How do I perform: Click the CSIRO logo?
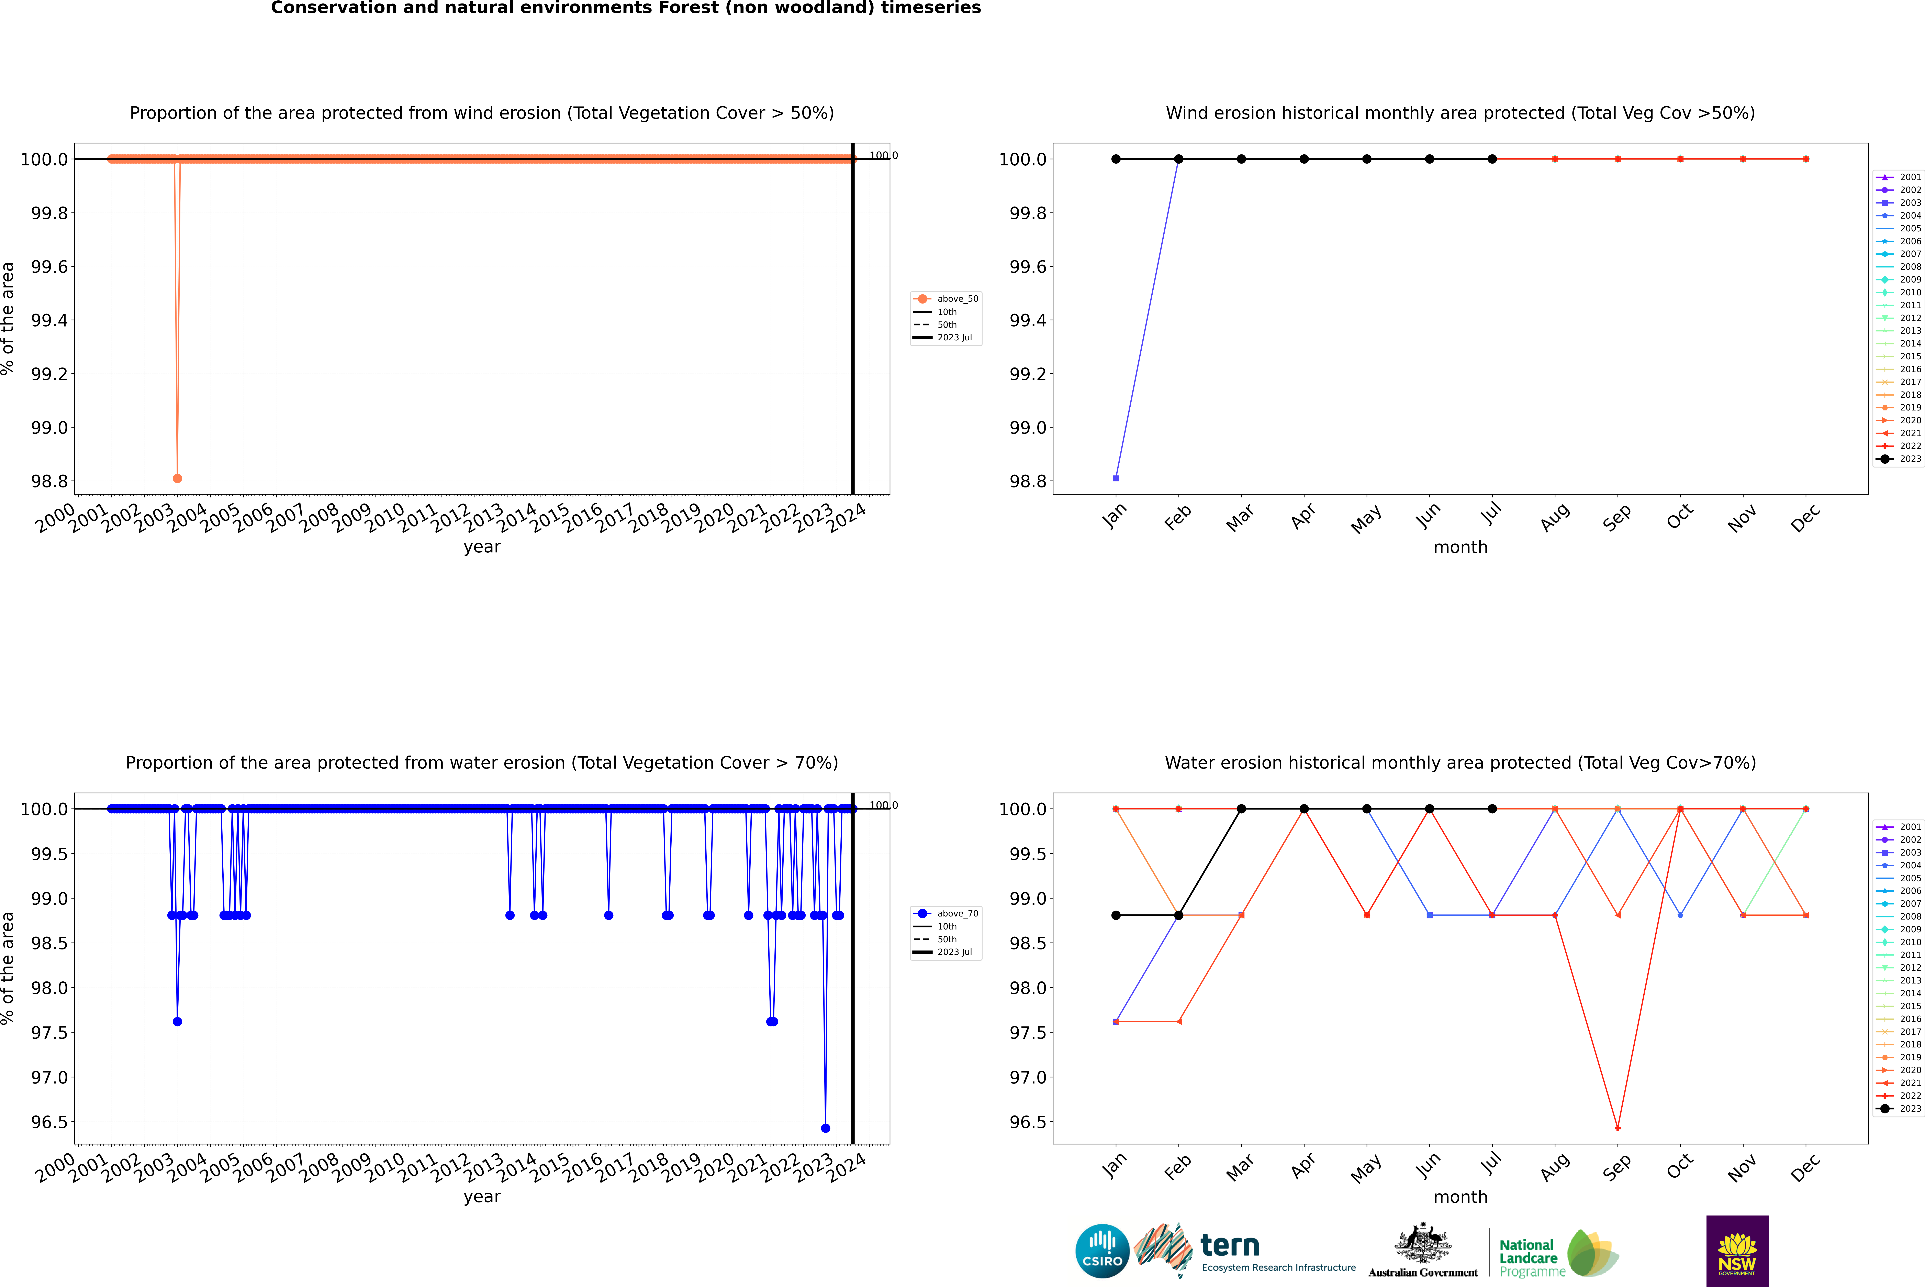pos(1102,1251)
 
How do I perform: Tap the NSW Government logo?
pos(1737,1251)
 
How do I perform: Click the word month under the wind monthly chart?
pos(1460,548)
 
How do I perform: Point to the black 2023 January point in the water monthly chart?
pos(1116,915)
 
